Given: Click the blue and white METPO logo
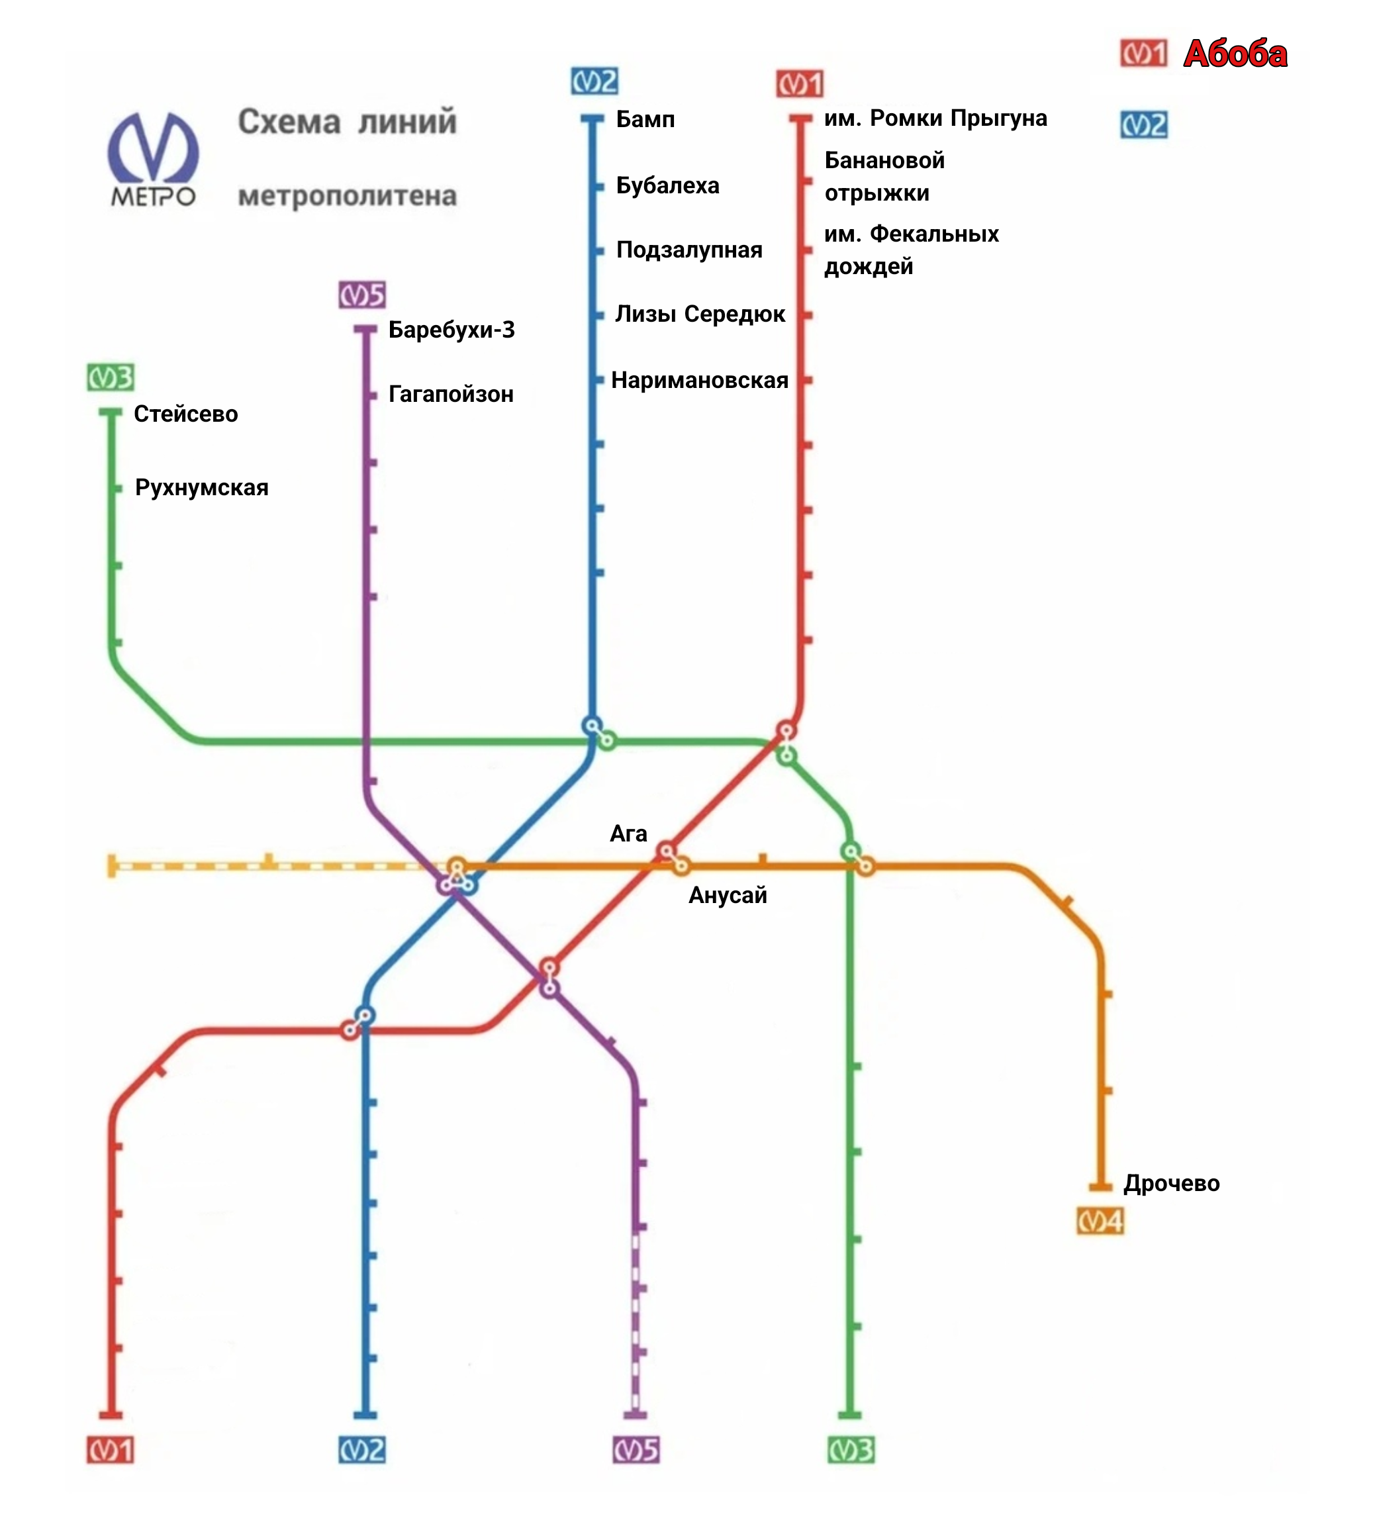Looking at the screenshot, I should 154,160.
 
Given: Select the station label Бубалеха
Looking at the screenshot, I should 667,186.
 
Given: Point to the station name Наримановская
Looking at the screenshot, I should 699,380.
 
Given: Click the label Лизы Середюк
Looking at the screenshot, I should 700,314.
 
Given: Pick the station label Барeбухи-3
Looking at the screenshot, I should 451,330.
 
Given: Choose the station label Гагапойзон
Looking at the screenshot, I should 450,395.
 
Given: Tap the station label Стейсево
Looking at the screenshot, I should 186,414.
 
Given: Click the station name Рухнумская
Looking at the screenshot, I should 202,488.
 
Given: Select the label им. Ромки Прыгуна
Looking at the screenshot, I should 935,119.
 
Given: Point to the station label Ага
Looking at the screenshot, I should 628,834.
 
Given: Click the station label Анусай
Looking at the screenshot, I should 727,896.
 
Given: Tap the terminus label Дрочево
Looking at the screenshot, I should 1170,1184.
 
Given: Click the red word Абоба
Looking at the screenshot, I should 1235,54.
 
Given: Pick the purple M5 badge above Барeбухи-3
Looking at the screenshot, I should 362,295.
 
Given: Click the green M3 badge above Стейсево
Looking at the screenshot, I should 111,378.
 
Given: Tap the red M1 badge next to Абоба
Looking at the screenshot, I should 1143,54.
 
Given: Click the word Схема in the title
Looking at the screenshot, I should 289,122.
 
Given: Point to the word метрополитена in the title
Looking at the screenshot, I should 347,197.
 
